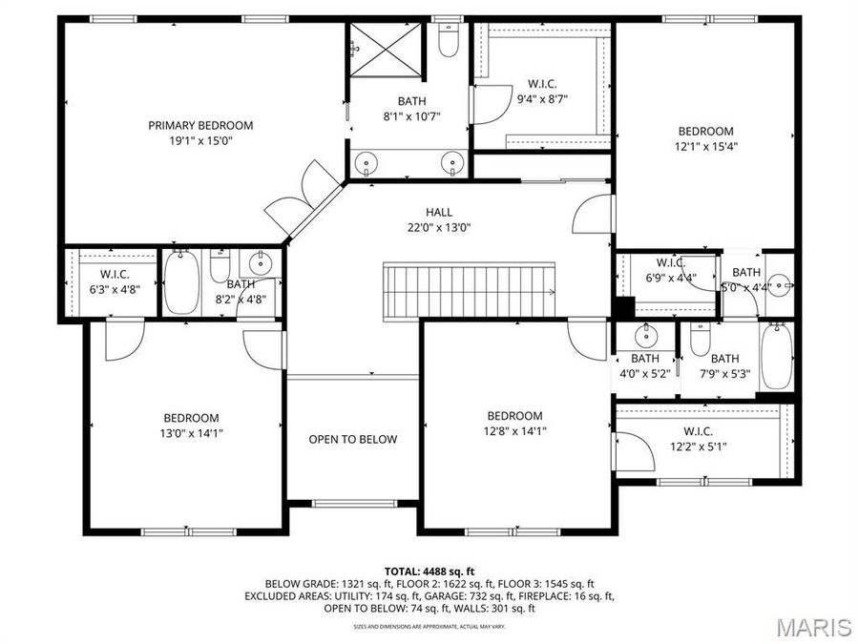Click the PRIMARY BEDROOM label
coord(200,125)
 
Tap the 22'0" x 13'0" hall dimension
coord(440,227)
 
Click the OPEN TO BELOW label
coord(352,440)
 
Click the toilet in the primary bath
coord(449,40)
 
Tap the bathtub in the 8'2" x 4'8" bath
coord(180,282)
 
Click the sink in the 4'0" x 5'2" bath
coord(646,335)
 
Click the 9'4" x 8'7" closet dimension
coord(542,98)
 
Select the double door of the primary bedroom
coord(302,195)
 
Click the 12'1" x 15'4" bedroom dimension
coord(705,147)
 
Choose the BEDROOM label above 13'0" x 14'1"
coord(191,418)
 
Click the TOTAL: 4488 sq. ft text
coord(429,571)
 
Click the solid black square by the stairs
coord(624,309)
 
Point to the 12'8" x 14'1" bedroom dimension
coord(514,430)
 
